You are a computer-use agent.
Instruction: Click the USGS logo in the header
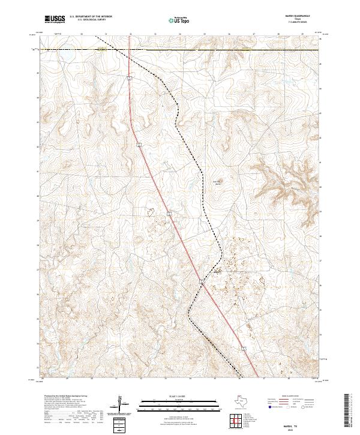[x=55, y=19]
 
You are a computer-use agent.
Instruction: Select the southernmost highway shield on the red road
[x=244, y=347]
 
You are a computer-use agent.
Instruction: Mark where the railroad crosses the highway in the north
[x=128, y=50]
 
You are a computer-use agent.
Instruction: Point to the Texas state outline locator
[x=244, y=401]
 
